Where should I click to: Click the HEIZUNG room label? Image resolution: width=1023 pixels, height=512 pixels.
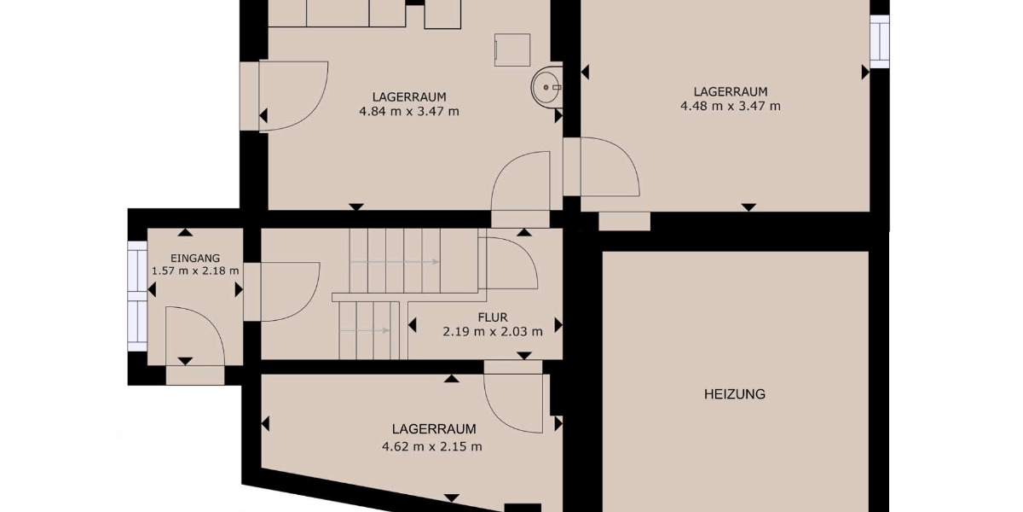pyautogui.click(x=734, y=394)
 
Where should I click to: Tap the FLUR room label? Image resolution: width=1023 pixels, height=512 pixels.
pyautogui.click(x=493, y=317)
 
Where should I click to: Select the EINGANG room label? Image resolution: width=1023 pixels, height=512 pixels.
pyautogui.click(x=195, y=258)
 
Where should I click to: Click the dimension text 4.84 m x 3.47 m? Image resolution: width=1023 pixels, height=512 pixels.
pyautogui.click(x=409, y=111)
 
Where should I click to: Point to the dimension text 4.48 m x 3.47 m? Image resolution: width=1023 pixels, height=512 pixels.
pyautogui.click(x=730, y=107)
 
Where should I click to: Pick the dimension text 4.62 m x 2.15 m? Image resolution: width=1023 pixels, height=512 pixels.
pyautogui.click(x=433, y=445)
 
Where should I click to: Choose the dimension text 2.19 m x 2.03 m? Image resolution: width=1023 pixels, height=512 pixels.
pyautogui.click(x=493, y=331)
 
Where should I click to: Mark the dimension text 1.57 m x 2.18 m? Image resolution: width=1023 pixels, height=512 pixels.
pyautogui.click(x=195, y=271)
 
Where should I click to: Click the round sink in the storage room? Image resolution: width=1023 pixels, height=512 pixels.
pyautogui.click(x=546, y=85)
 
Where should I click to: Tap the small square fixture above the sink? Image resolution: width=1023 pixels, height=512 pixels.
pyautogui.click(x=511, y=49)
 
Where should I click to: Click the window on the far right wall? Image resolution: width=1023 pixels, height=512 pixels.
pyautogui.click(x=879, y=41)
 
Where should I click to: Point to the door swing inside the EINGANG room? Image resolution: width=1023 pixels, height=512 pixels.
pyautogui.click(x=193, y=335)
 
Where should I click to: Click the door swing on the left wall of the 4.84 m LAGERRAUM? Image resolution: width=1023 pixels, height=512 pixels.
pyautogui.click(x=294, y=96)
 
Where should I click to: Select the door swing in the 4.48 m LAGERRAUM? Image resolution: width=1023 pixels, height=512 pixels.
pyautogui.click(x=609, y=167)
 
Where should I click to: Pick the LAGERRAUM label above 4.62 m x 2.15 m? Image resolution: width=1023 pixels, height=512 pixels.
pyautogui.click(x=433, y=429)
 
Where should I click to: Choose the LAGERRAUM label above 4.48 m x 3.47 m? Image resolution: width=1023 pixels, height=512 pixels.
pyautogui.click(x=730, y=91)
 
